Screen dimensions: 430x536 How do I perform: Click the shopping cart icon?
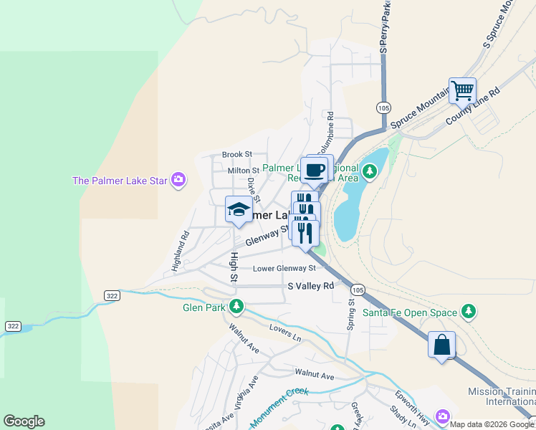click(x=462, y=91)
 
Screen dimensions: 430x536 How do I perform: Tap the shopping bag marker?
click(x=441, y=345)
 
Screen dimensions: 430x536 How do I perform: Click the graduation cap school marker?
click(x=238, y=210)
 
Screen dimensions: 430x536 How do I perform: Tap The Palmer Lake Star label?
click(x=120, y=180)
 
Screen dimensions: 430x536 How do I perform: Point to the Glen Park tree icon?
click(x=236, y=307)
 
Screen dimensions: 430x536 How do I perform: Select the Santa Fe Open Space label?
click(x=411, y=312)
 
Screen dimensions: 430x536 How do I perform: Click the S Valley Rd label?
click(x=311, y=285)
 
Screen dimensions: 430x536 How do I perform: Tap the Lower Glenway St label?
click(x=284, y=269)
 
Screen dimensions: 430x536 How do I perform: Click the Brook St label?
click(x=237, y=154)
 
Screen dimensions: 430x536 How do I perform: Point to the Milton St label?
click(x=243, y=171)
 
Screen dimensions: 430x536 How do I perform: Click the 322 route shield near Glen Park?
click(x=111, y=295)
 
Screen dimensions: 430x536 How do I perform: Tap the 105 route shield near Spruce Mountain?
click(x=383, y=107)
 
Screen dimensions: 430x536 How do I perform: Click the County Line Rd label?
click(x=472, y=105)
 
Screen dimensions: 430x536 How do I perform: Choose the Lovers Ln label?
click(x=285, y=332)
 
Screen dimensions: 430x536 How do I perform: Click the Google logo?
click(x=24, y=421)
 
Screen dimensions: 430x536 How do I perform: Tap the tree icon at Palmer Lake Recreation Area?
click(x=370, y=171)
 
